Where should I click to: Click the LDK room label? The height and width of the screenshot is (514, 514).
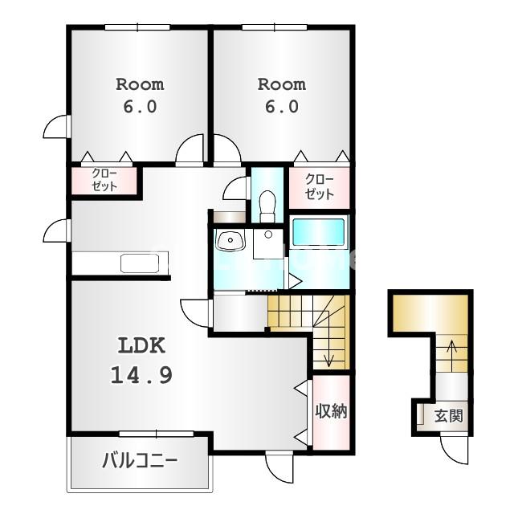[x=141, y=345]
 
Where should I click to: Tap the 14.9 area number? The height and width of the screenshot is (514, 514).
[x=141, y=375]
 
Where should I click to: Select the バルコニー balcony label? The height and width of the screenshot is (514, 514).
[x=140, y=460]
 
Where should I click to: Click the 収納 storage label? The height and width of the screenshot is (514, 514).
[x=331, y=410]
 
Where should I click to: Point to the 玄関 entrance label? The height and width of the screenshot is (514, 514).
[x=448, y=416]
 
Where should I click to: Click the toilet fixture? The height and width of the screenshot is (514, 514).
[x=267, y=206]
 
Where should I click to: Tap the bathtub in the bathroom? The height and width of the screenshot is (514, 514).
[x=318, y=232]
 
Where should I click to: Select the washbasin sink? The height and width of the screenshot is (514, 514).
[x=230, y=240]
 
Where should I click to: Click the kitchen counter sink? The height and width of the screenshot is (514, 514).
[x=140, y=263]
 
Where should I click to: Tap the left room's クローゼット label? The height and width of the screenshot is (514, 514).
[x=104, y=180]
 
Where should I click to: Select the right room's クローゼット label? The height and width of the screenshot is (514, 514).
[x=319, y=187]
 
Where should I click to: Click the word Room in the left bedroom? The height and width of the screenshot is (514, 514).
[x=140, y=84]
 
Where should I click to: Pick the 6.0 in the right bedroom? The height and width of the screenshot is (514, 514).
[x=282, y=107]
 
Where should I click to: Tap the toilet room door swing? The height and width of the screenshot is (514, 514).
[x=235, y=188]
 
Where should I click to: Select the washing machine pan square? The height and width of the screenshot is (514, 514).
[x=268, y=244]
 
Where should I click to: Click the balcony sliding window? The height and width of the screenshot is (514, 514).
[x=157, y=434]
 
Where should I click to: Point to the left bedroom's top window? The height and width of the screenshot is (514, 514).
[x=137, y=27]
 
